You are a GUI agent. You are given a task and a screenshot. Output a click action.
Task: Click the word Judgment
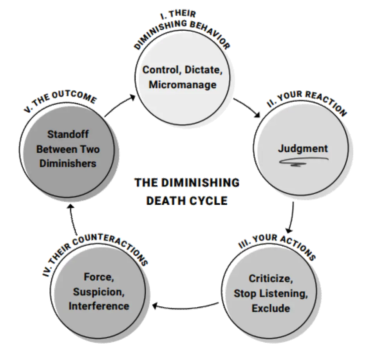tap(302, 149)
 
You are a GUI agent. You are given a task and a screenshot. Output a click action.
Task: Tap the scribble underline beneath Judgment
tap(303, 161)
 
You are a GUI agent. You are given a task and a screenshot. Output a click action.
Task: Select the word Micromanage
tap(183, 85)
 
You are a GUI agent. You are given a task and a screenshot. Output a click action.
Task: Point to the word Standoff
tap(68, 134)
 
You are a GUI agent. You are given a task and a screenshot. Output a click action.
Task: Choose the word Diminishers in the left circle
tap(68, 163)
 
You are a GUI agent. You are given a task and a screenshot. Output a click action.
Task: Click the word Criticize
tap(271, 279)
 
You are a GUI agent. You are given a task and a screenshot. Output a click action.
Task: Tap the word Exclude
tap(271, 308)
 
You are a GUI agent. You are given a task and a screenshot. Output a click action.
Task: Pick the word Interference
tap(99, 306)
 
